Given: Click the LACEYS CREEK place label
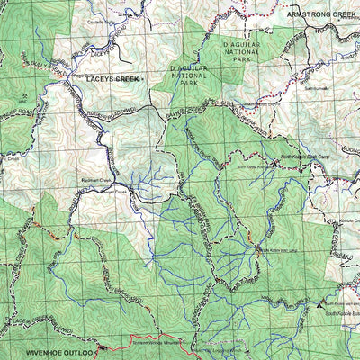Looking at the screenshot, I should [112, 79].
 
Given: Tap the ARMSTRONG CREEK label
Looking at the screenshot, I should [322, 15].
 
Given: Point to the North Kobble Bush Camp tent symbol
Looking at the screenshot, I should [275, 163].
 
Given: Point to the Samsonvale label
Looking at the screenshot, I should [317, 88].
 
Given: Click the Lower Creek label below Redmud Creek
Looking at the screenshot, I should [115, 192].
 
